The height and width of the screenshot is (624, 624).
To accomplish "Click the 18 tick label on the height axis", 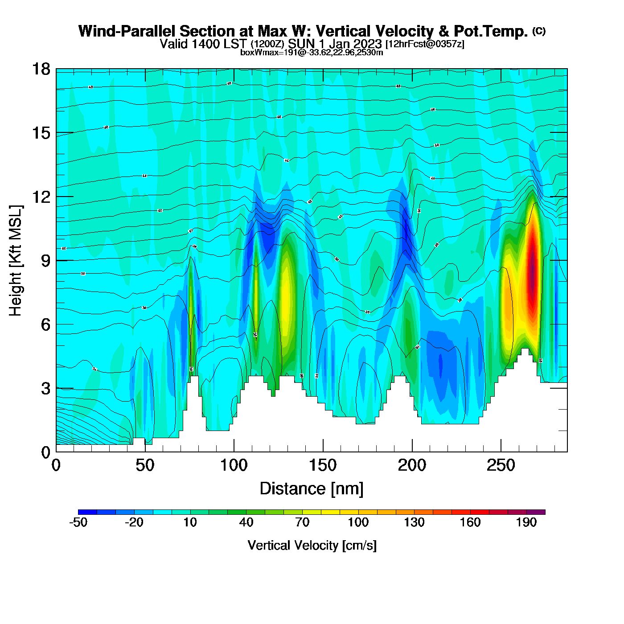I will pos(41,70).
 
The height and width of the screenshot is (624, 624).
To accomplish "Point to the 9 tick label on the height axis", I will pos(45,261).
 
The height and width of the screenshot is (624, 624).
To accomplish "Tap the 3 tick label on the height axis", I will pos(45,389).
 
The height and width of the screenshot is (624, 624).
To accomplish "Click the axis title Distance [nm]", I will pos(312,489).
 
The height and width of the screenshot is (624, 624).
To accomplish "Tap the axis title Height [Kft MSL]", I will pos(16,261).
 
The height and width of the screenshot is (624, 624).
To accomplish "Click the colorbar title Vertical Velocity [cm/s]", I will pos(312,546).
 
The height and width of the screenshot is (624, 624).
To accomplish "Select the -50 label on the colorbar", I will pos(78,522).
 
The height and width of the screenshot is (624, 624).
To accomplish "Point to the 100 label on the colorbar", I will pos(358,522).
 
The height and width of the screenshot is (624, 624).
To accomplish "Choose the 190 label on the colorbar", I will pos(526,522).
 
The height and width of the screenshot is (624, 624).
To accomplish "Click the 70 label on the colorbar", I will pos(302,522).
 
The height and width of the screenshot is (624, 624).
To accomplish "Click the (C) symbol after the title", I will pos(539,31).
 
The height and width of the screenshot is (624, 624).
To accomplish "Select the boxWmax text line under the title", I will pos(312,53).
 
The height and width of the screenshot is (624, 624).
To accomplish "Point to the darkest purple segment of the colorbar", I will pos(536,512).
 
